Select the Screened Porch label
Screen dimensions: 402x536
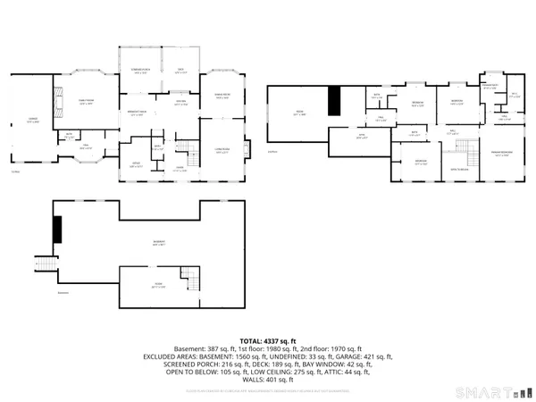coord(139,71)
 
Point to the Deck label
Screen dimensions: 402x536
coord(180,71)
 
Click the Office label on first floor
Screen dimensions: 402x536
coord(137,163)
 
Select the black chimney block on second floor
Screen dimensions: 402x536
coord(334,100)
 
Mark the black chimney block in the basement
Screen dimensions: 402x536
coord(57,230)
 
